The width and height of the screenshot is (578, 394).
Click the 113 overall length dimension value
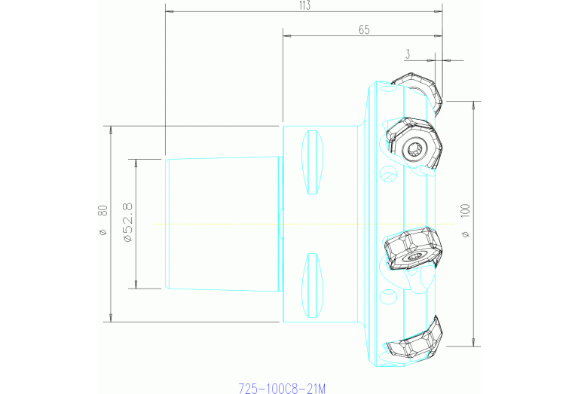(x=304, y=6)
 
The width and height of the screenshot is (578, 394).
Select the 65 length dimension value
(x=364, y=29)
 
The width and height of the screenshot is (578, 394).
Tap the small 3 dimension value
(x=408, y=54)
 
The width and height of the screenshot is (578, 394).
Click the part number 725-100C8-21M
(x=282, y=389)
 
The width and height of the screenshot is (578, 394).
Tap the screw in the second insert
(x=413, y=148)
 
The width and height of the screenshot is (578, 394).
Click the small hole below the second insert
(x=388, y=176)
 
